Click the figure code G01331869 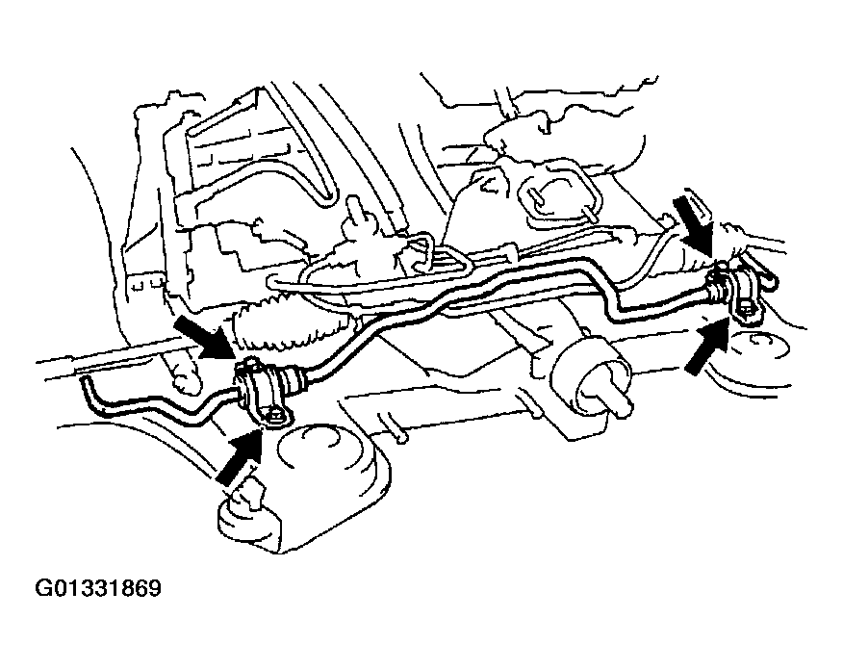[x=98, y=588]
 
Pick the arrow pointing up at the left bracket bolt [x=239, y=456]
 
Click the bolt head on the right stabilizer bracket [x=745, y=309]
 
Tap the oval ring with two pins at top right [x=559, y=194]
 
